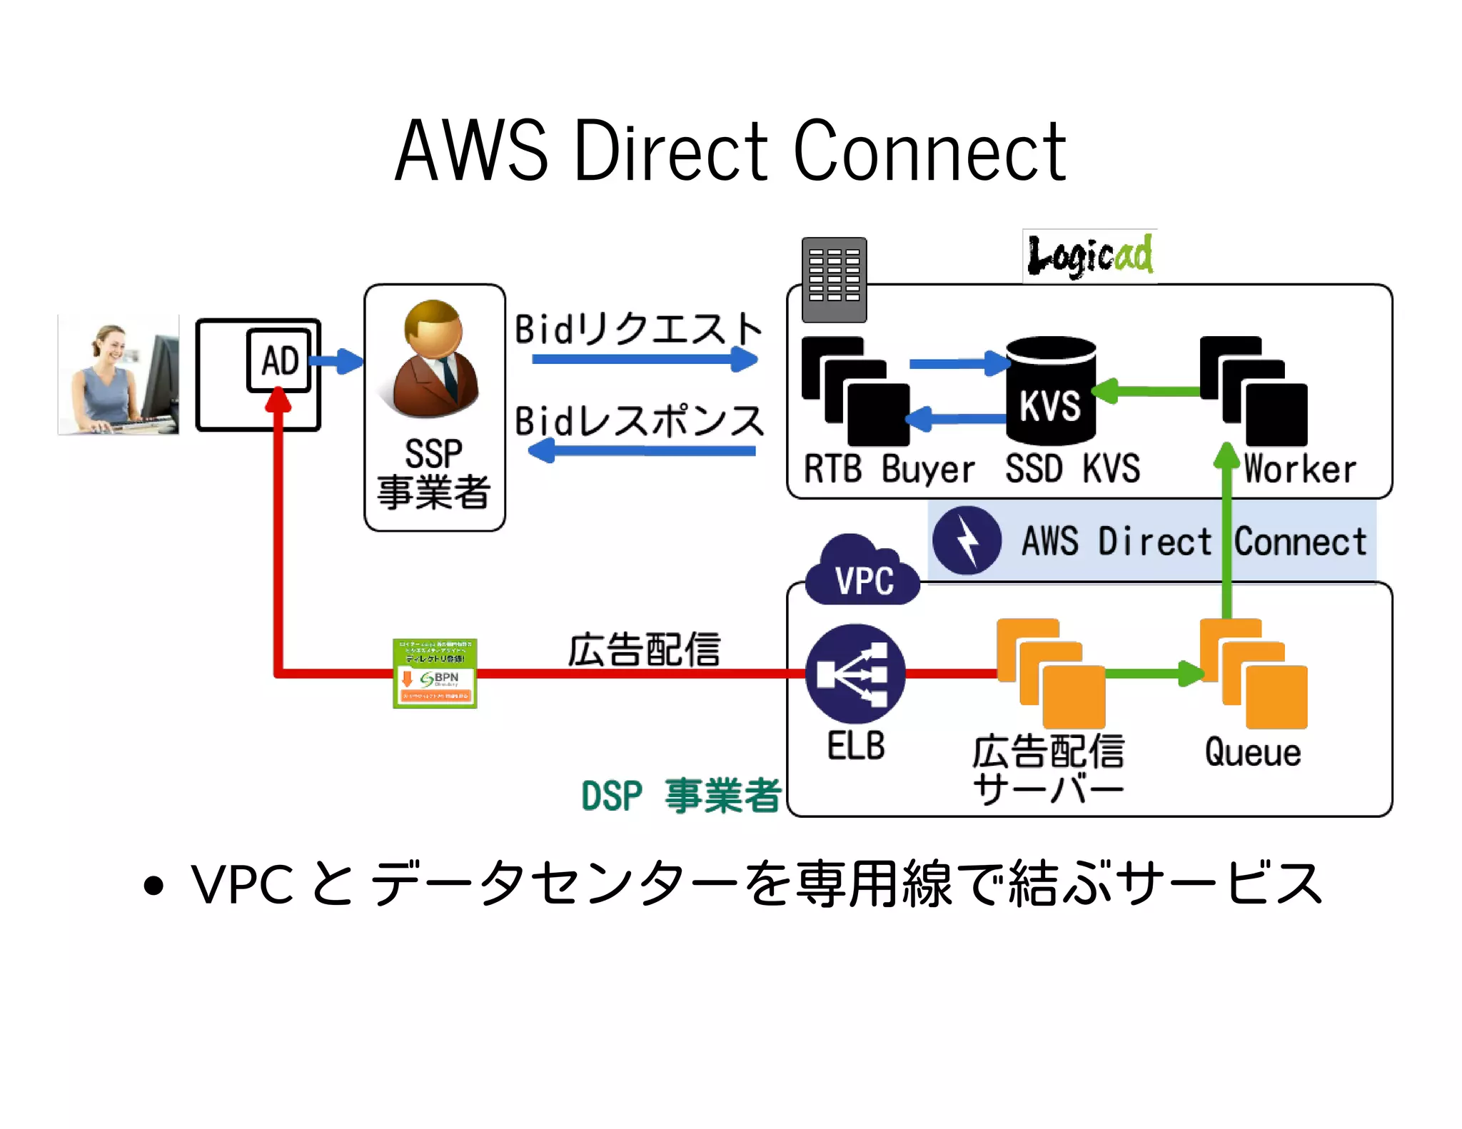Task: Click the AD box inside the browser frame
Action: pos(279,360)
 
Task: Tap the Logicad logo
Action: pos(1089,256)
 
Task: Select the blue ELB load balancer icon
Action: pos(854,674)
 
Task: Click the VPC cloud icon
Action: pos(862,573)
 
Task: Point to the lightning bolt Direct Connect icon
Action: pos(967,541)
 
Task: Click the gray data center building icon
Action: pos(834,280)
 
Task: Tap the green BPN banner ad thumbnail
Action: pos(435,673)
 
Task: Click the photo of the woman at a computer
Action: pos(119,375)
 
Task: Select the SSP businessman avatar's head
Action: pos(433,329)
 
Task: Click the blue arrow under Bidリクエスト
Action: pos(643,358)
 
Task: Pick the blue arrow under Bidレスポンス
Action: pos(642,450)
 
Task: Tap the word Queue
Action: pos(1253,752)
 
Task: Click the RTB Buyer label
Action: pos(889,470)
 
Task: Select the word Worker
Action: pos(1299,470)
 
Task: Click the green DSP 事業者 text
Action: pos(681,795)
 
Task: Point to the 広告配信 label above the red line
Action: pos(644,649)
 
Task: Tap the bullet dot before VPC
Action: pos(153,886)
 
